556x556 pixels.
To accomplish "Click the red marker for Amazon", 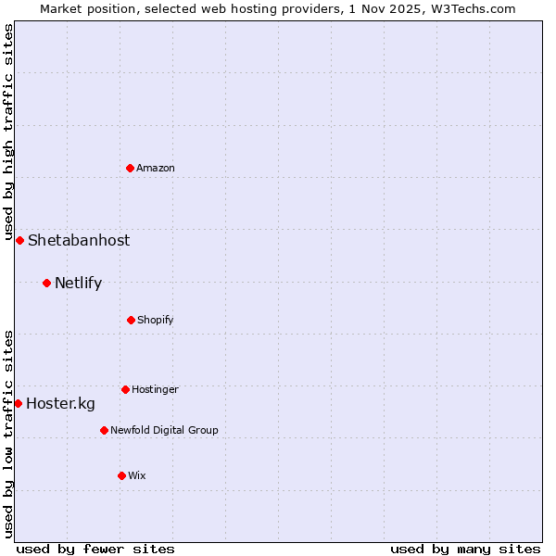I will click(x=131, y=168).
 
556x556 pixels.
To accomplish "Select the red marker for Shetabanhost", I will click(x=19, y=240).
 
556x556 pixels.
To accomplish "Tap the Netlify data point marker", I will click(x=46, y=283).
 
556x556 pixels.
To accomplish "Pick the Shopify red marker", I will click(x=131, y=320).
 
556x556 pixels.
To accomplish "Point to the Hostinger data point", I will click(x=125, y=389).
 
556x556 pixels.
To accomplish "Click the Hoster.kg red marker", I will click(x=18, y=403).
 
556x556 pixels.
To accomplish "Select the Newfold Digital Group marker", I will click(x=104, y=430).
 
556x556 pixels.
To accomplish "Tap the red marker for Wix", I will click(x=121, y=475).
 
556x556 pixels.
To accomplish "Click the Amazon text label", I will click(x=156, y=168).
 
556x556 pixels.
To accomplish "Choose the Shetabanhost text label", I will click(x=79, y=240).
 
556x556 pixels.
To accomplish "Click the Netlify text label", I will click(x=78, y=283).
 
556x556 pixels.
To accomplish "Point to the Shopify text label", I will click(x=156, y=320).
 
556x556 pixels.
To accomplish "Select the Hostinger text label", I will click(x=155, y=389).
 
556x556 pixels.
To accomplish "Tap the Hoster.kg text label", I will click(x=60, y=403).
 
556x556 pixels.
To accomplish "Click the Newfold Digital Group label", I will click(x=164, y=430).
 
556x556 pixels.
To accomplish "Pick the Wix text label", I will click(x=137, y=475).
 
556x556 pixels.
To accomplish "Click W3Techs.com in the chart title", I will click(x=470, y=8).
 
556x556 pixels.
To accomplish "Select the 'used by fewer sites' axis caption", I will click(x=95, y=549).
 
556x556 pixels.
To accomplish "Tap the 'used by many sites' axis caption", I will click(x=465, y=549).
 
